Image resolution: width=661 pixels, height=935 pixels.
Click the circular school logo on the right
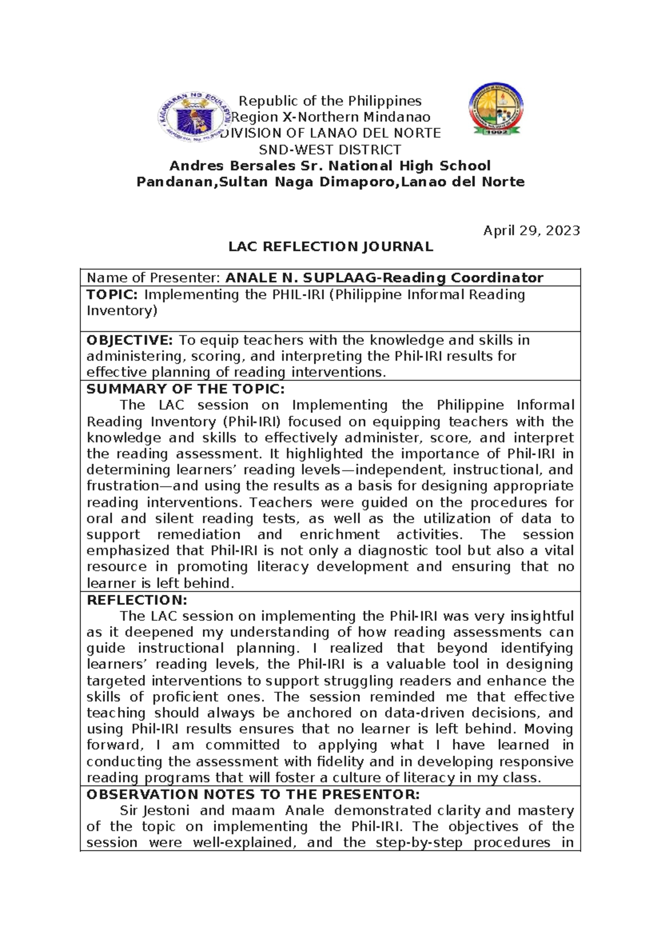coord(495,110)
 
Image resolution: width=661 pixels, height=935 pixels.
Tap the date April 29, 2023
coord(531,230)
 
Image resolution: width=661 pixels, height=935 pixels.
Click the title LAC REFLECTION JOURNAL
coord(330,246)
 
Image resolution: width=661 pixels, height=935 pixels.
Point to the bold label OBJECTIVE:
coord(130,340)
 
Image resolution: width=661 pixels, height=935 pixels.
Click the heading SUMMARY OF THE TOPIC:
coord(186,389)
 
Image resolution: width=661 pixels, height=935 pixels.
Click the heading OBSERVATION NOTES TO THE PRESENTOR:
coord(253,794)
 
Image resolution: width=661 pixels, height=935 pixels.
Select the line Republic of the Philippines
coord(330,101)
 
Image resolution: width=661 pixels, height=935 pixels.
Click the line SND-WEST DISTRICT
coord(330,149)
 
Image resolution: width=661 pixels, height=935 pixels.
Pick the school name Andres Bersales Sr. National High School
coord(330,165)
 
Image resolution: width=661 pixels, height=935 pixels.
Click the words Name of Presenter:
coord(153,278)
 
